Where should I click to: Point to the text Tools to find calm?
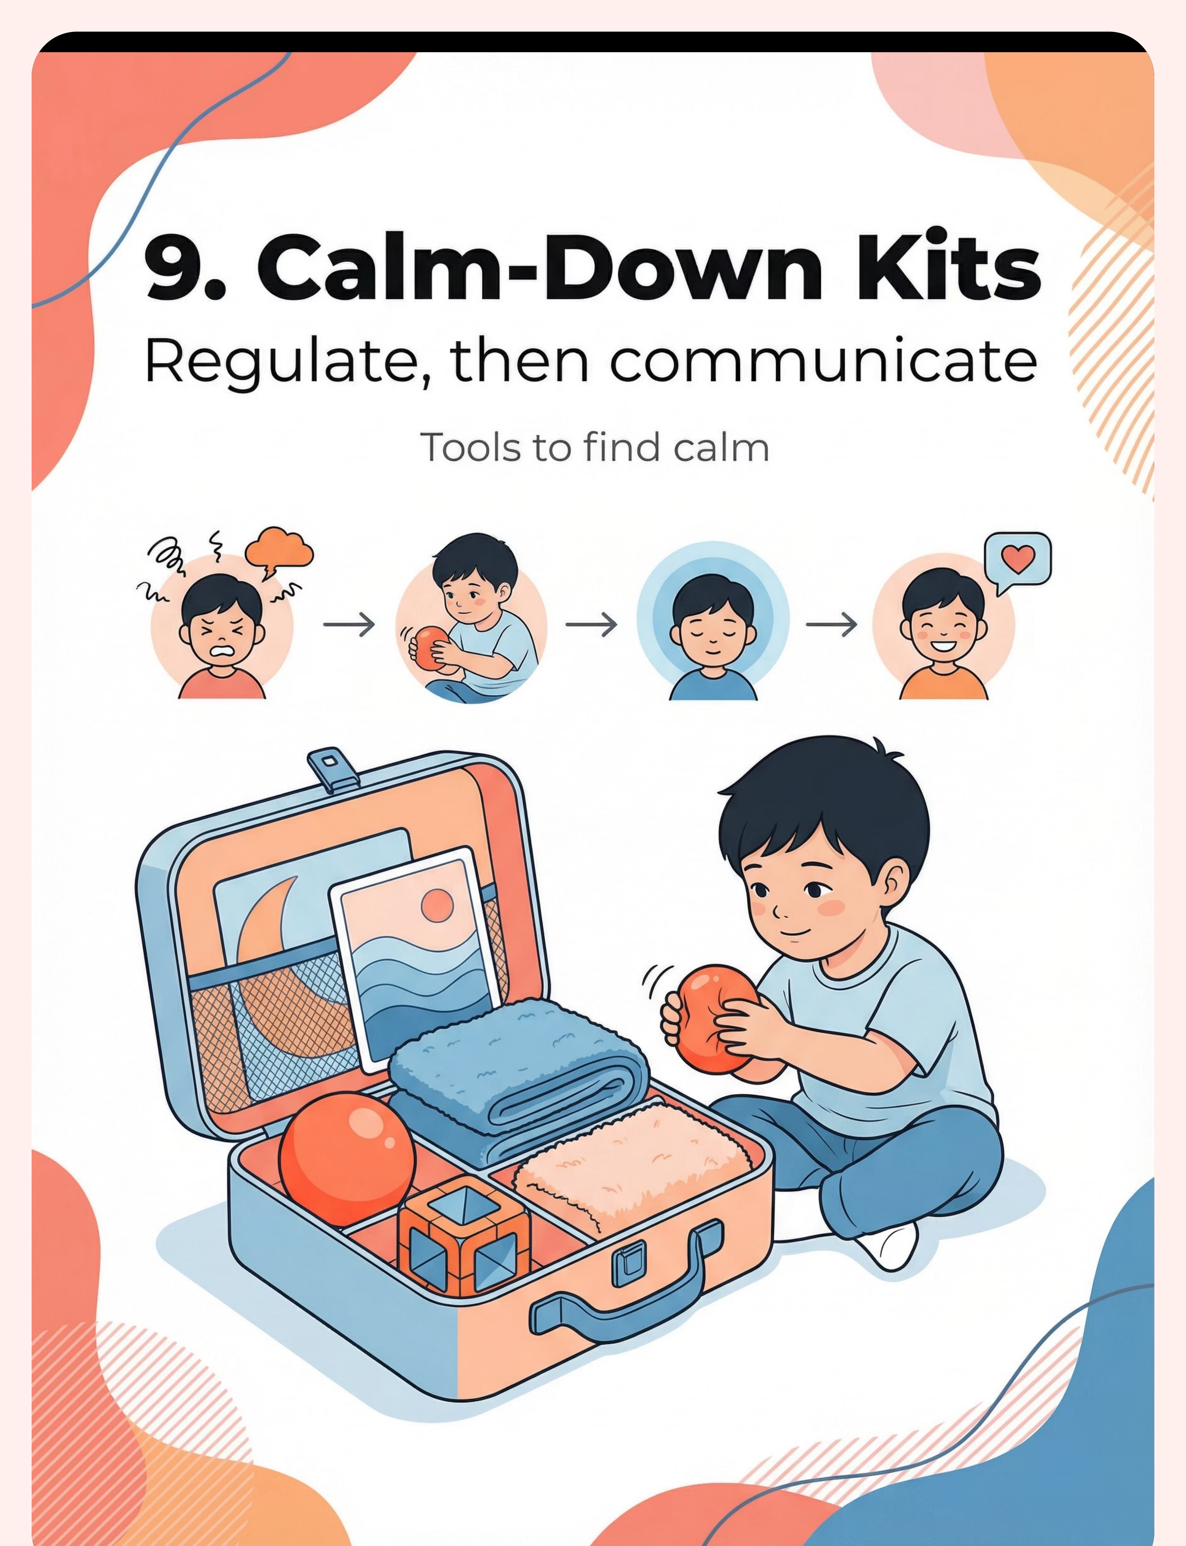[594, 448]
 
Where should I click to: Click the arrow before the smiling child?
[831, 624]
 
